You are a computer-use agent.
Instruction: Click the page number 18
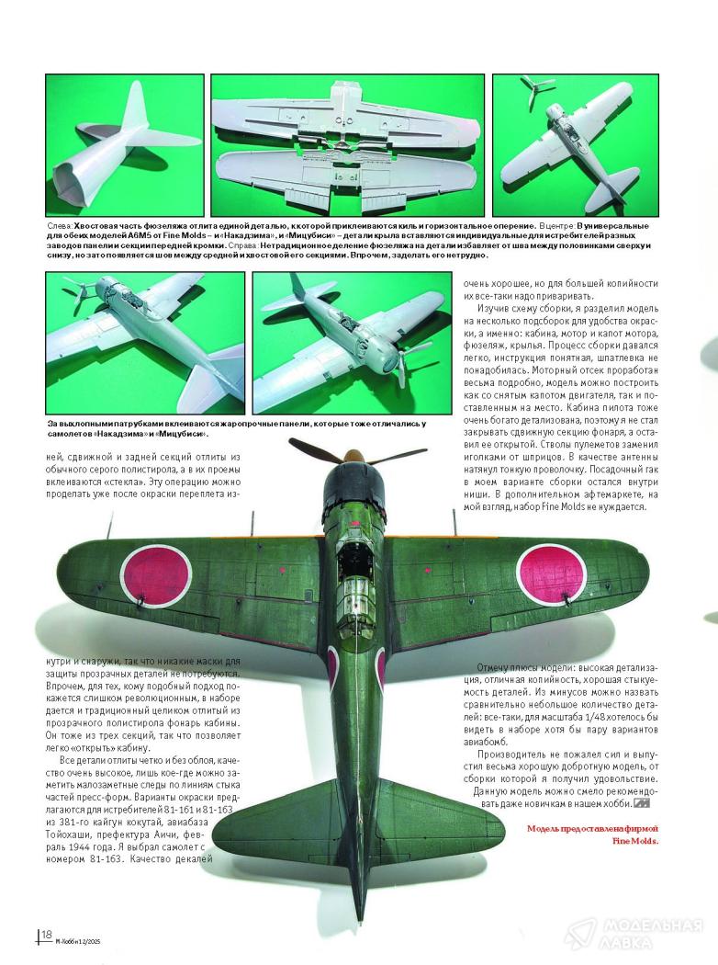click(46, 935)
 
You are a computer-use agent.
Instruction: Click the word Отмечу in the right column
click(497, 668)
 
